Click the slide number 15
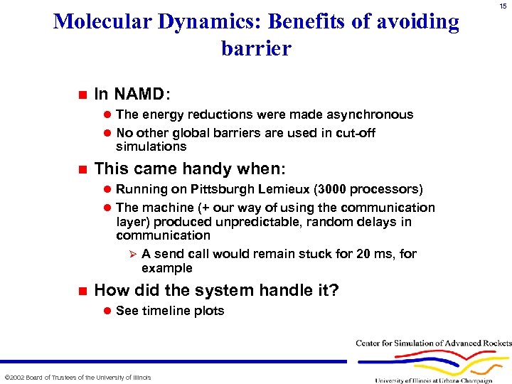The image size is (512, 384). coord(503,6)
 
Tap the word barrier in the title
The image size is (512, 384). coord(256,49)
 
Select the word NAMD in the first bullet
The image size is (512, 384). coord(139,94)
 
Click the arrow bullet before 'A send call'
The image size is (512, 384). coord(129,254)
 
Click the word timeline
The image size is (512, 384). coord(166,311)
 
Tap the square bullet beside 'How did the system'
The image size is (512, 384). coord(81,290)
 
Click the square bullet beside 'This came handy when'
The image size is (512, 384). coord(81,169)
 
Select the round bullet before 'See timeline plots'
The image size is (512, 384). coord(107,311)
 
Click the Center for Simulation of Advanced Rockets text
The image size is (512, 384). coord(433,343)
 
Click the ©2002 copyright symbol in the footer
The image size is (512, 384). coord(7,377)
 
